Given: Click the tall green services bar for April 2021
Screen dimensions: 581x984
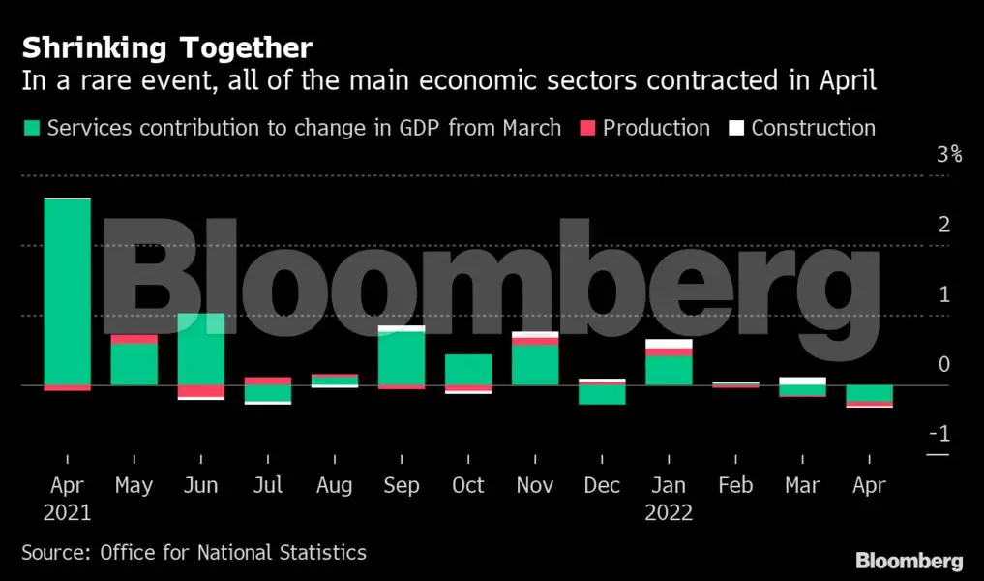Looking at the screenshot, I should click(x=67, y=290).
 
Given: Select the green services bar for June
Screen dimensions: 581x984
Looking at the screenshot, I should click(x=200, y=349).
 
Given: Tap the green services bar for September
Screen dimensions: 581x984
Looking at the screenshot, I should click(x=402, y=358).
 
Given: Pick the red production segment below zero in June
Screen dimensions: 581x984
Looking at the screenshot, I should click(x=200, y=391).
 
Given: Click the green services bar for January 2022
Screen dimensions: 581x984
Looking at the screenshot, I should click(x=669, y=370).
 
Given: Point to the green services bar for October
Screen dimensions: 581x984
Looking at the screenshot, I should click(x=468, y=369).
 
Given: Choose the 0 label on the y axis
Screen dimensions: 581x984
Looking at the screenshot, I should click(x=944, y=364).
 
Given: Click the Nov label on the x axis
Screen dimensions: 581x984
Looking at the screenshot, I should click(x=535, y=485).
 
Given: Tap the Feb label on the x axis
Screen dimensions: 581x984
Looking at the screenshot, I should click(x=735, y=485).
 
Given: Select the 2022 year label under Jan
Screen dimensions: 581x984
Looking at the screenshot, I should click(x=669, y=512).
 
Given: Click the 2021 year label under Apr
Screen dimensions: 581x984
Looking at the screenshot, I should click(x=67, y=512).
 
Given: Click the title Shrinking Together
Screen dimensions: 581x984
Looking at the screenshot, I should click(x=166, y=47).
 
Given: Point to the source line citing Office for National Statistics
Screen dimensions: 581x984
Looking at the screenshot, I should click(x=194, y=553).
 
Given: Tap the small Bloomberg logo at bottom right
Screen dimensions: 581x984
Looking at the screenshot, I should click(x=909, y=560).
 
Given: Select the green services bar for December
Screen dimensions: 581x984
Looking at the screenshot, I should click(x=602, y=394).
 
